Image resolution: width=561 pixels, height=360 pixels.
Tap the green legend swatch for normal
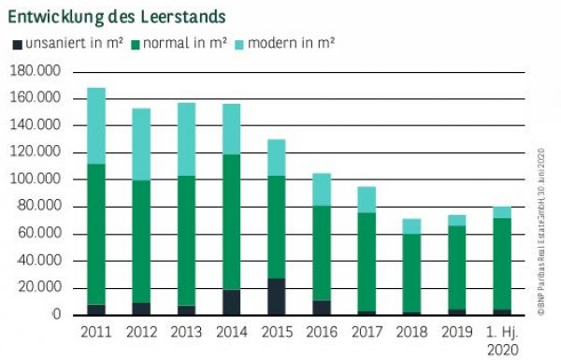point(136,44)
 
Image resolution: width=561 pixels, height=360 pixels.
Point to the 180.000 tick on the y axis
point(34,71)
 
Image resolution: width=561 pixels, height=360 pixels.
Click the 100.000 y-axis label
point(34,180)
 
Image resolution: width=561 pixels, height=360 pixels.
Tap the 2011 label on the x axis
point(96,332)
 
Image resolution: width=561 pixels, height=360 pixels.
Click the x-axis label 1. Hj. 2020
point(503,339)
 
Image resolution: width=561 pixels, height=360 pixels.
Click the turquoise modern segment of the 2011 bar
point(96,125)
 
